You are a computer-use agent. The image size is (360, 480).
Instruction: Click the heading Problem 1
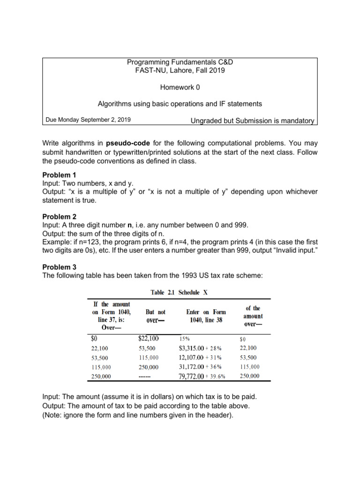pyautogui.click(x=59, y=175)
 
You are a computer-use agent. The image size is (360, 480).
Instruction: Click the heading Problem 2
pyautogui.click(x=59, y=217)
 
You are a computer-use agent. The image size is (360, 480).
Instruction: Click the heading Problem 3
pyautogui.click(x=59, y=267)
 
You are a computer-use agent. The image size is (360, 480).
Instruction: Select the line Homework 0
pyautogui.click(x=180, y=87)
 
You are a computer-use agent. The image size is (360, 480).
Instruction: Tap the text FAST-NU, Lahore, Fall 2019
pyautogui.click(x=180, y=70)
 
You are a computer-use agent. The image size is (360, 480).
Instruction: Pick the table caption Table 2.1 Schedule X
pyautogui.click(x=179, y=292)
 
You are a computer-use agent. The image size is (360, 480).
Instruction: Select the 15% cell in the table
pyautogui.click(x=186, y=337)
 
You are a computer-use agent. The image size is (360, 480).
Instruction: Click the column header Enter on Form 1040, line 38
pyautogui.click(x=206, y=315)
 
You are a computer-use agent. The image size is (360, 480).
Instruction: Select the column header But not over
pyautogui.click(x=155, y=315)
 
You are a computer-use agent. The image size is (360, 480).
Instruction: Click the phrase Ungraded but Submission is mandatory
pyautogui.click(x=252, y=120)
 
